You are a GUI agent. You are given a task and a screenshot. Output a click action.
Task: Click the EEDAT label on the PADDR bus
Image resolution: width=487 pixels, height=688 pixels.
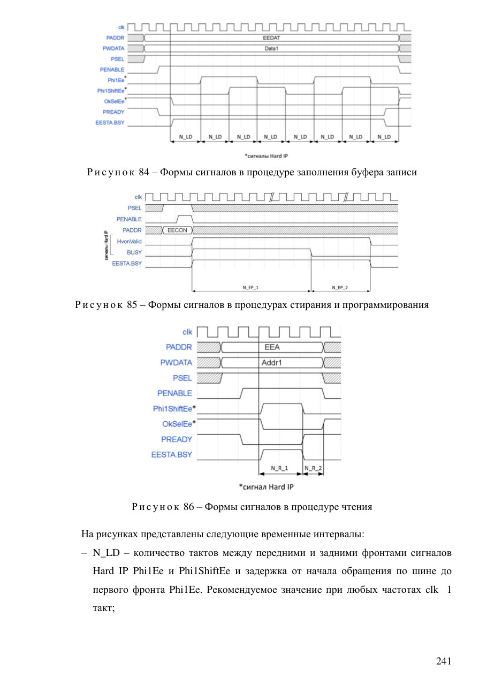(271, 38)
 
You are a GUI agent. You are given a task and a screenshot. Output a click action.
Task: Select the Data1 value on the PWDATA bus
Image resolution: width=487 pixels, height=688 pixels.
(271, 49)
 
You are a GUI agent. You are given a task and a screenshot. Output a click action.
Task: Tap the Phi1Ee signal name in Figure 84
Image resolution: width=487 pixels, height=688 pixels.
(116, 80)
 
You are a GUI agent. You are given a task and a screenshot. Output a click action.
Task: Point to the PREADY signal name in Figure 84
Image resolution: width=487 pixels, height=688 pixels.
(113, 112)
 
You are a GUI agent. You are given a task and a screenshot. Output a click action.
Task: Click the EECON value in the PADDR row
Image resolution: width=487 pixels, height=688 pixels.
(177, 230)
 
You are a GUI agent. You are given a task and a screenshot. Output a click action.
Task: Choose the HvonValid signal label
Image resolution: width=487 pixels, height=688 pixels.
(129, 242)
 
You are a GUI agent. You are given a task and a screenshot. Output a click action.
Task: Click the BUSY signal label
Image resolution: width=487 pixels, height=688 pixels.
(134, 252)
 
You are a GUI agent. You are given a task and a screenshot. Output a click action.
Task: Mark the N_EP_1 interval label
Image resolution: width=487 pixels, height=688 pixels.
(250, 288)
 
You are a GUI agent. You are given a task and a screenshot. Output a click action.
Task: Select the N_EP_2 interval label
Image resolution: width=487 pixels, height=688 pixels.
(340, 288)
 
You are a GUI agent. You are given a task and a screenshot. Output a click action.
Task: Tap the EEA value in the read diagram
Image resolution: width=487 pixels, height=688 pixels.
(272, 347)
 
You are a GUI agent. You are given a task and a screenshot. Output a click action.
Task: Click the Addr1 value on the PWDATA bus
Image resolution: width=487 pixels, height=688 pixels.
(271, 363)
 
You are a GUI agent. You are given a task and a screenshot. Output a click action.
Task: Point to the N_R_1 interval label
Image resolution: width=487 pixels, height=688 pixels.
(279, 468)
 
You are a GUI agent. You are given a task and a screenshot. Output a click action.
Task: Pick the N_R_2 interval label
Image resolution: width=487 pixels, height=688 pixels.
(313, 468)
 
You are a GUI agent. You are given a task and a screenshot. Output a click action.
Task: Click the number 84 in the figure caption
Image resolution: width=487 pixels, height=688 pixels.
(144, 172)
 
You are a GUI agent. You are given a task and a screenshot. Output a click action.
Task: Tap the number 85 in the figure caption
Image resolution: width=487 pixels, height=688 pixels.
(132, 305)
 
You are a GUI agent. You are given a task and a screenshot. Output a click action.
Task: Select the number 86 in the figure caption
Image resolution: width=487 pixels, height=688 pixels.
(189, 506)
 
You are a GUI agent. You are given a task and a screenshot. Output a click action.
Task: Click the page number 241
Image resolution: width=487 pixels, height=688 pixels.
(444, 661)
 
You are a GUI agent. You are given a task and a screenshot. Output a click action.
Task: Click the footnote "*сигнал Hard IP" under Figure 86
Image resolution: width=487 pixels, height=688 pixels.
(267, 487)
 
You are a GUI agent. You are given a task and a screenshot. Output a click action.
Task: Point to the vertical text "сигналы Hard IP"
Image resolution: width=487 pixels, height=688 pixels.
(106, 245)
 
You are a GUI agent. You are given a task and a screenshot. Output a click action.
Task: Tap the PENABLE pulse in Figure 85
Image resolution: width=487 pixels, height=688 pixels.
(185, 219)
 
